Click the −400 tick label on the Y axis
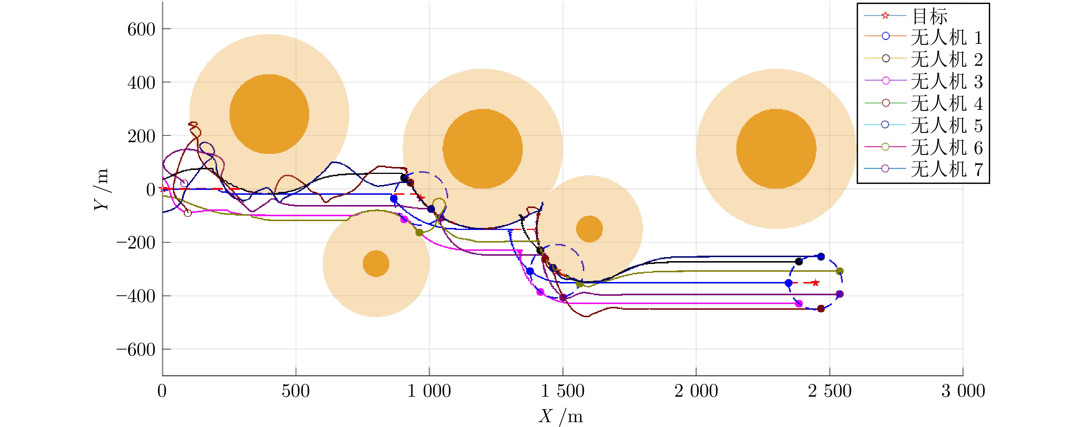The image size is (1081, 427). pos(136,296)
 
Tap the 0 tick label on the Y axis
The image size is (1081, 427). pos(150,189)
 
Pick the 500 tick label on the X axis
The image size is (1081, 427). pos(296,391)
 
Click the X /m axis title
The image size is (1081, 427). pos(561,416)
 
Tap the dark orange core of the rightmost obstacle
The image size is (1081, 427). pos(776,149)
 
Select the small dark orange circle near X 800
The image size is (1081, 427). pos(375,264)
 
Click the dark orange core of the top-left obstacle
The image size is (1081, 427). pos(269,114)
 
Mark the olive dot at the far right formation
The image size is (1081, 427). pos(839,271)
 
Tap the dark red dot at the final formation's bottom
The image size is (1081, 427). pos(821,309)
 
